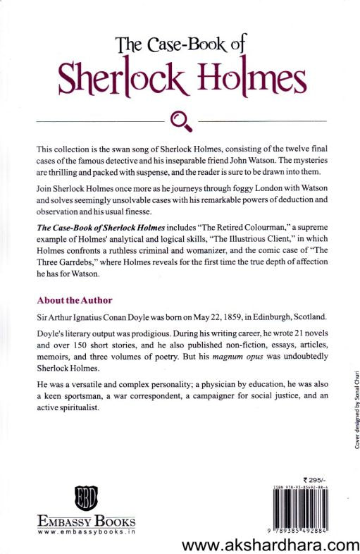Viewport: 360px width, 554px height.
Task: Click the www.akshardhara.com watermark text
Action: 271,543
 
